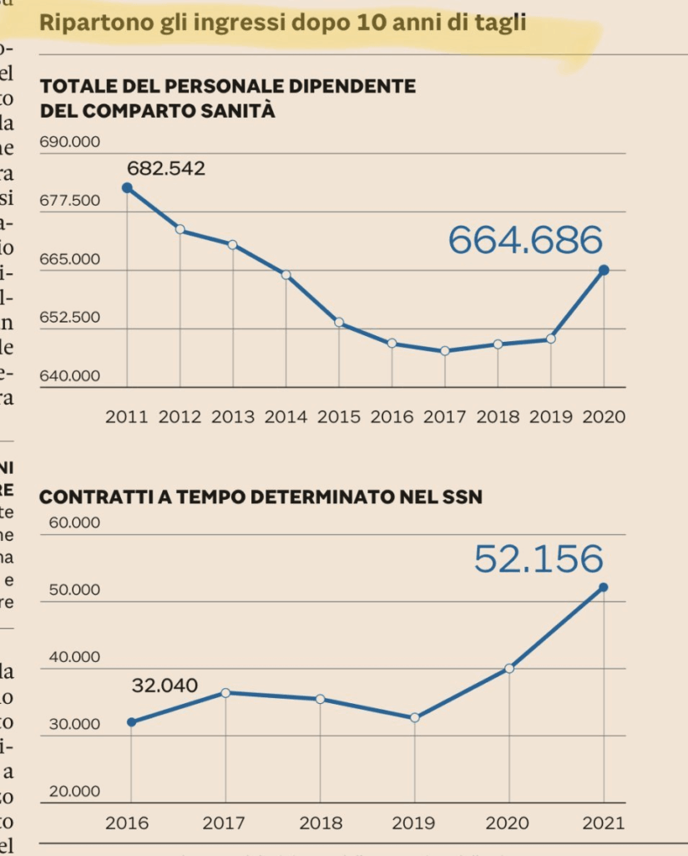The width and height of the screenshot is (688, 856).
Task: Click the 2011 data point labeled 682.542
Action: tap(127, 188)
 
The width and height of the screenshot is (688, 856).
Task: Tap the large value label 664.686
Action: tap(525, 241)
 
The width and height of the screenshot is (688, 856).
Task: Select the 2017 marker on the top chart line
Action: tap(445, 351)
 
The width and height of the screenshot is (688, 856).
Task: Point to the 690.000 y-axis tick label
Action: tap(69, 142)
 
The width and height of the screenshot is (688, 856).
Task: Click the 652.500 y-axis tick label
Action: tap(69, 318)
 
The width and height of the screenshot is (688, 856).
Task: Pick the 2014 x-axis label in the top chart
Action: tap(286, 417)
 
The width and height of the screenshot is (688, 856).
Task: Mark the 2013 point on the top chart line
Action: tap(233, 245)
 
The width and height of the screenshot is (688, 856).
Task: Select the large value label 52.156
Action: tap(539, 559)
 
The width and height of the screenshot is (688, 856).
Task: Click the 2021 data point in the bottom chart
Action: tap(604, 588)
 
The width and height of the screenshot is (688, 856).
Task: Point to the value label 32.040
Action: tap(165, 686)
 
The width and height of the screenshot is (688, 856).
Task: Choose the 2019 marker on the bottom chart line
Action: tap(415, 717)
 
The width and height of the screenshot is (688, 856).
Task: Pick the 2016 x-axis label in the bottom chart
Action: tap(127, 823)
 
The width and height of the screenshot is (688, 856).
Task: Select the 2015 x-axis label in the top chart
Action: tap(339, 417)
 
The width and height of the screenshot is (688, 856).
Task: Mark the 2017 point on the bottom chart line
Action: tap(225, 693)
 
